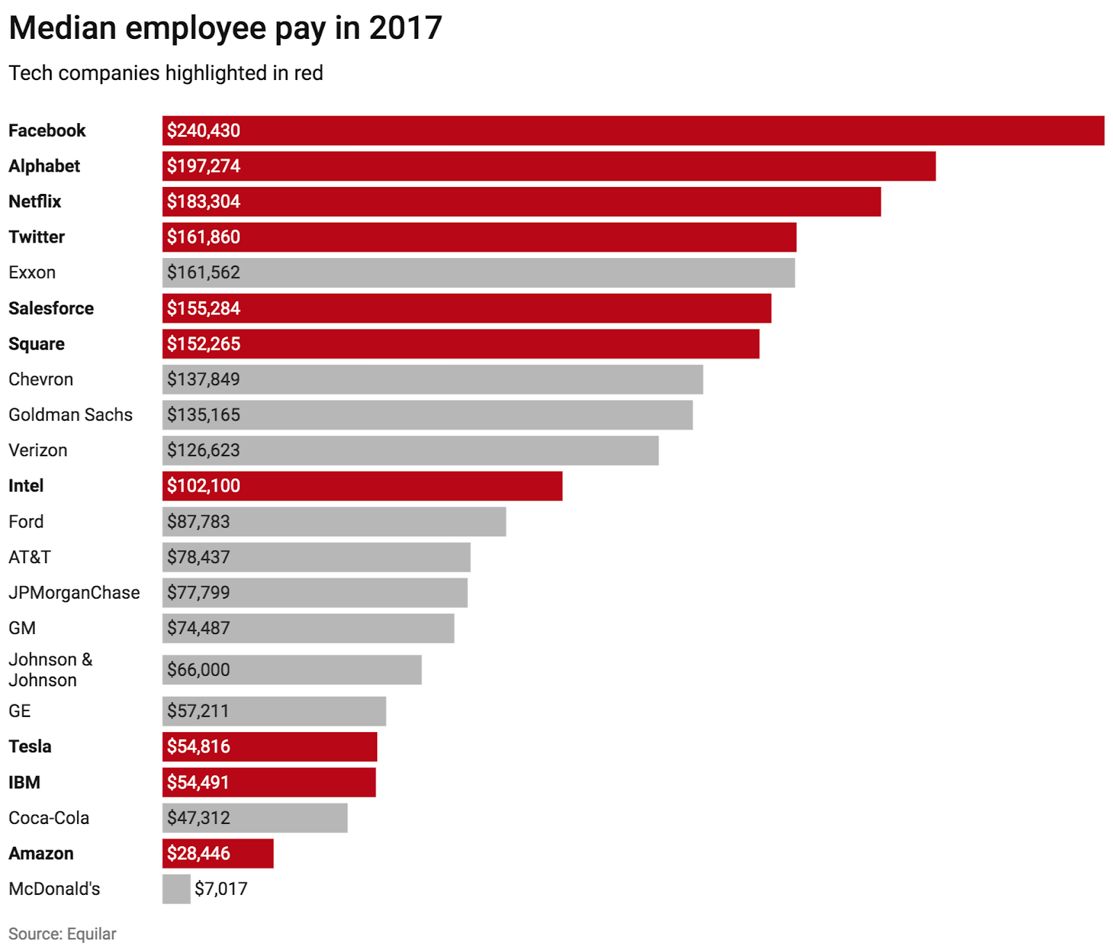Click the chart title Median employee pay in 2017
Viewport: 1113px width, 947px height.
(225, 29)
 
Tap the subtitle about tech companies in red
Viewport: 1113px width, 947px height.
(166, 73)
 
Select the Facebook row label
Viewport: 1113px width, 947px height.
(47, 131)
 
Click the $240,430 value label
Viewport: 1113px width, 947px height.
(203, 131)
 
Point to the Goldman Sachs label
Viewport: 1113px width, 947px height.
(70, 415)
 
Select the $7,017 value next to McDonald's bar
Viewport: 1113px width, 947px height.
(221, 889)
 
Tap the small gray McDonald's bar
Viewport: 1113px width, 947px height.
(176, 889)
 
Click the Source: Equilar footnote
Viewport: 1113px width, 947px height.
(62, 934)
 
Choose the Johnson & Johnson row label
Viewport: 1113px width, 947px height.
(50, 670)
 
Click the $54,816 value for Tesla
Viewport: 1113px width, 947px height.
(198, 747)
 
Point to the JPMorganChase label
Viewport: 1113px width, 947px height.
(74, 593)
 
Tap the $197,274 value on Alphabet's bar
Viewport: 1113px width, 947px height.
(203, 166)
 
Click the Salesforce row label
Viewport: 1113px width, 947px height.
(51, 309)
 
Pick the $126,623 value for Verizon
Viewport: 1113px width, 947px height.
(203, 451)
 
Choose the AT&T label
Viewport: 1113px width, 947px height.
(29, 558)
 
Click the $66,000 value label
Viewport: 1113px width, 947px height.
(198, 670)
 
